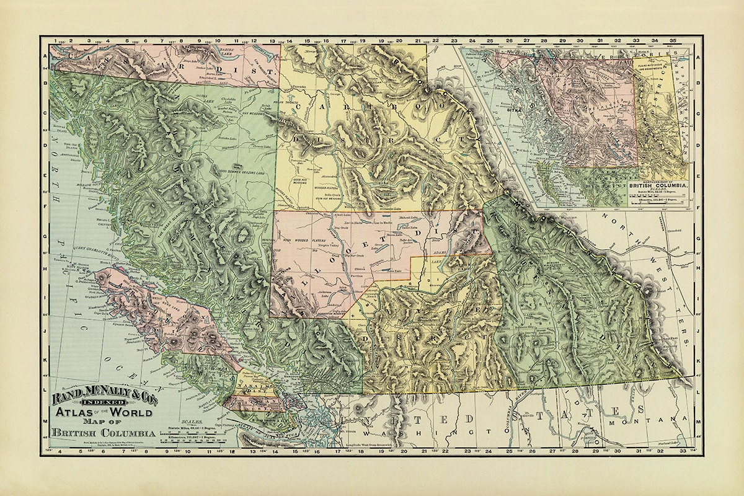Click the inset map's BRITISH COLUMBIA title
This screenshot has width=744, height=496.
tap(658, 185)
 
